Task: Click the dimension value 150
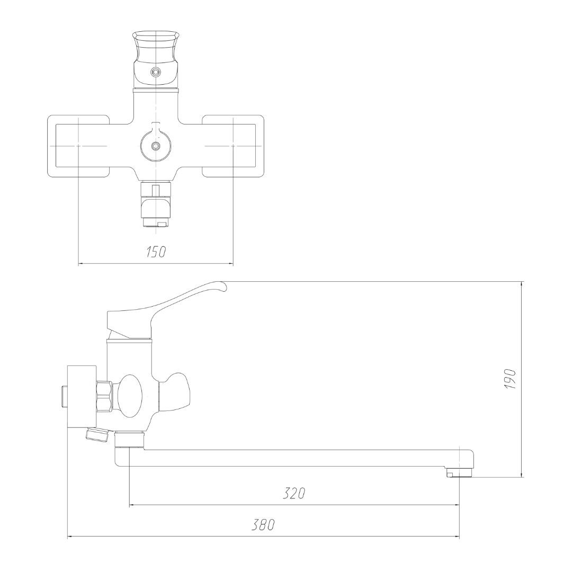pos(156,252)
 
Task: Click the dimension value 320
pos(294,494)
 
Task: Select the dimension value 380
pos(263,525)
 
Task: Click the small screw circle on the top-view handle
pos(156,72)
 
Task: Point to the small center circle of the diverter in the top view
pos(156,146)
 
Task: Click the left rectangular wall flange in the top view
pos(78,146)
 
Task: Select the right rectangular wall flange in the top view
pos(233,146)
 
